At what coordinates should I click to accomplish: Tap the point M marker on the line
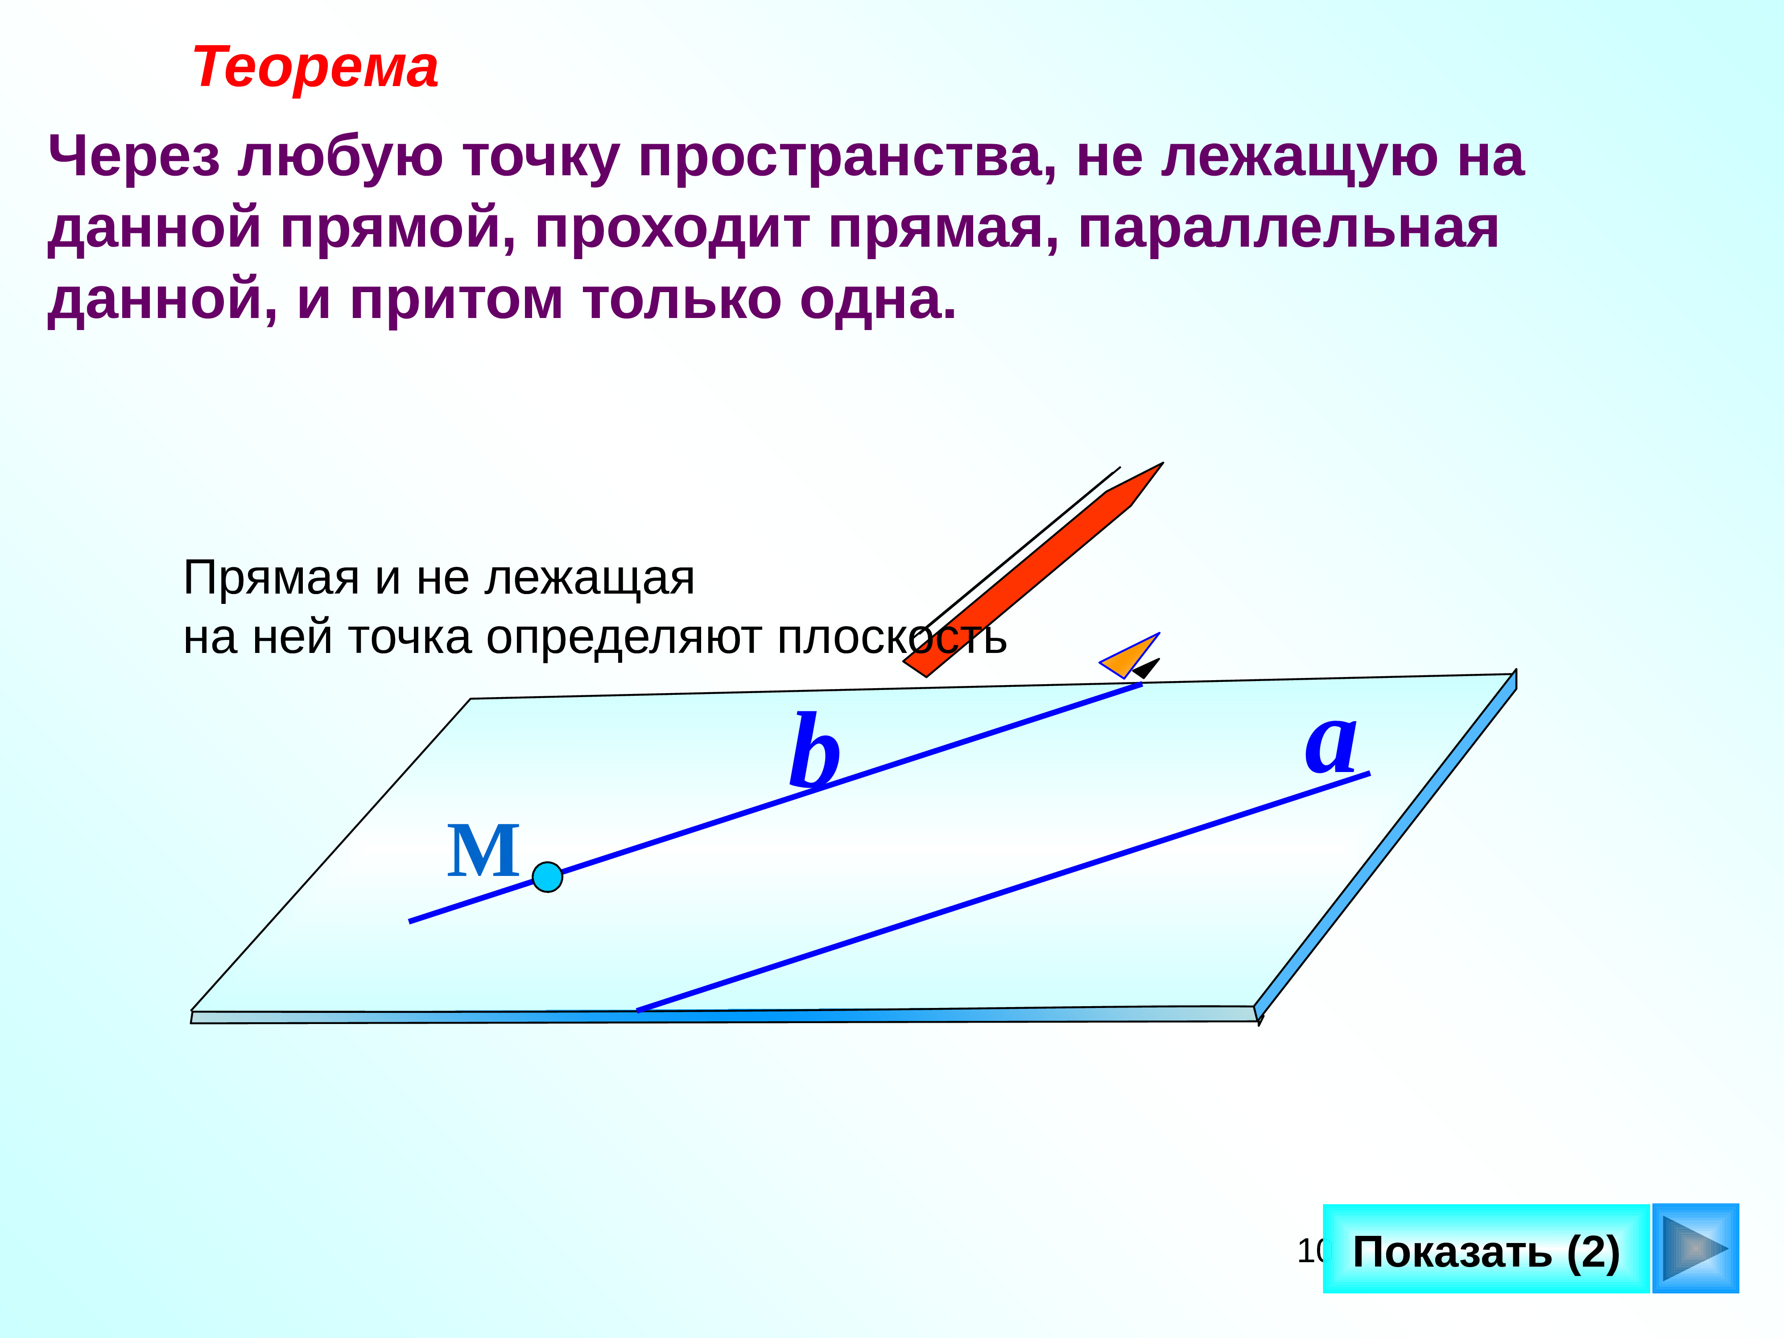[x=548, y=877]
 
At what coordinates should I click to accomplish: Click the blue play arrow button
[x=1695, y=1248]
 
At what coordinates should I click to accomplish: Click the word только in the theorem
[x=682, y=300]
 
